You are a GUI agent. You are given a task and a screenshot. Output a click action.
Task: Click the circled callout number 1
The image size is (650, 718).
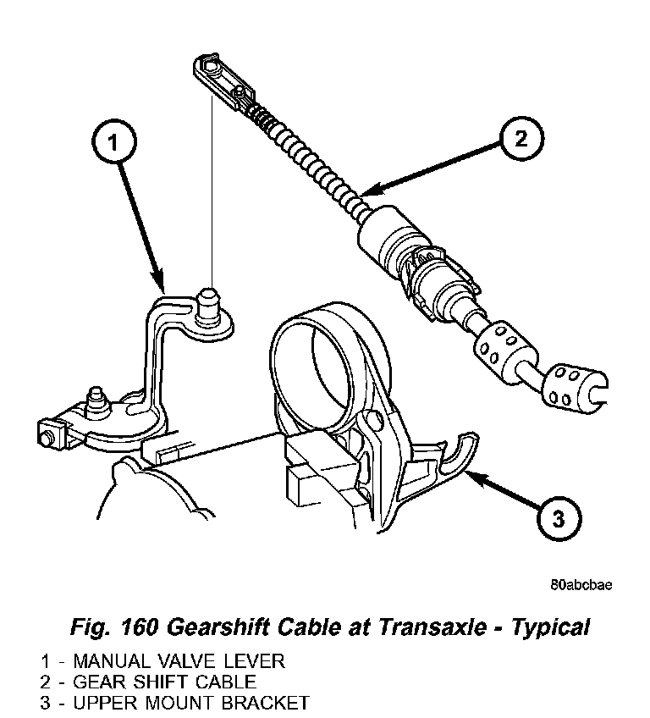115,144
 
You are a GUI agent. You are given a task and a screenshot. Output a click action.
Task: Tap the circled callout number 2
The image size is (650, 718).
521,138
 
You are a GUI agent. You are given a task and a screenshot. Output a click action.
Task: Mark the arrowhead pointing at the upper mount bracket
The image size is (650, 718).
470,478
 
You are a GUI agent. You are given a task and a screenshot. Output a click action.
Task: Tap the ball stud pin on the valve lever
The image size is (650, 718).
207,303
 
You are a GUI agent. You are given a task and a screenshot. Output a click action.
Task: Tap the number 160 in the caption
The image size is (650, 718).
137,627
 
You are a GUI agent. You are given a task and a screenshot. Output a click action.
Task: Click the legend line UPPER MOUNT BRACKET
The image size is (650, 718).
174,702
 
